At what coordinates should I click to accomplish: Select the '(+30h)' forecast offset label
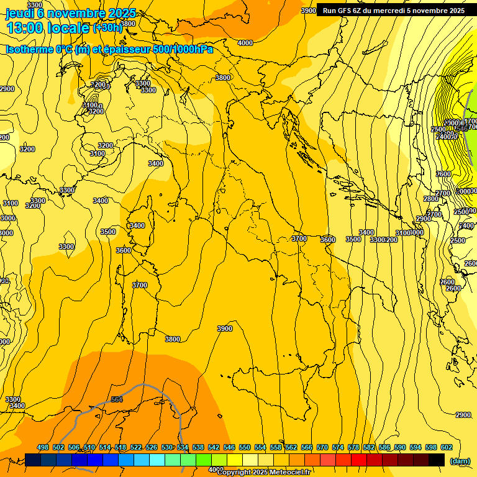pos(107,28)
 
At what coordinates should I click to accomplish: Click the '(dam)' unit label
pos(460,461)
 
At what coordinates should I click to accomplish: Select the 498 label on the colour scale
pos(43,447)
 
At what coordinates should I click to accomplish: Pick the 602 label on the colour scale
pos(447,447)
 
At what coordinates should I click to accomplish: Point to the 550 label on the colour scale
pos(245,447)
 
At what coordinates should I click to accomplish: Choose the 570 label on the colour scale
pos(322,447)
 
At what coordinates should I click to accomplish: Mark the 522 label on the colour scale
pos(136,447)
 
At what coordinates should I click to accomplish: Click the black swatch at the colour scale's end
pos(437,460)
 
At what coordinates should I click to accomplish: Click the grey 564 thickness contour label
pos(117,399)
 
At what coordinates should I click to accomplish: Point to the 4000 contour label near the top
pos(245,43)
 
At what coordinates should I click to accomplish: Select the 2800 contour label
pos(431,199)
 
